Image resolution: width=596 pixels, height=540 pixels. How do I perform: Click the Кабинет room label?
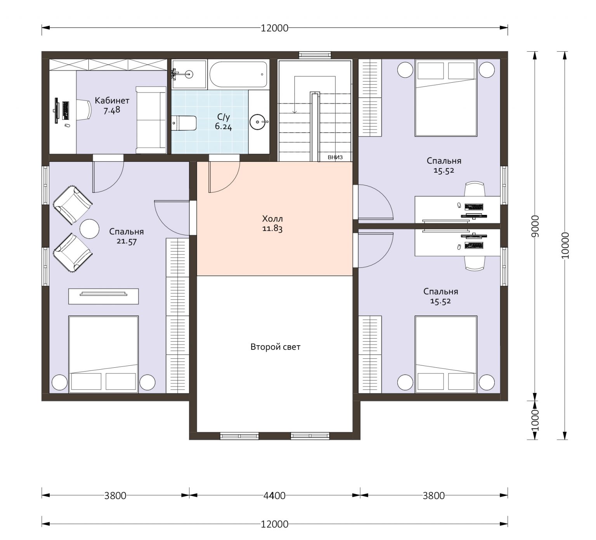point(112,100)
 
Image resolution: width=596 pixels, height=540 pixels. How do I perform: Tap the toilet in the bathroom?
point(184,123)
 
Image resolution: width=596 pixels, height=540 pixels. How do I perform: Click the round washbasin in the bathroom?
point(258,122)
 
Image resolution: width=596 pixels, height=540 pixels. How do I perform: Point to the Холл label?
point(272,218)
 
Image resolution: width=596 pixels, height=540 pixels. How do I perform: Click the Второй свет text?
point(275,347)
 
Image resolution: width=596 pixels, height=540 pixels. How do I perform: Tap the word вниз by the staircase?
point(335,157)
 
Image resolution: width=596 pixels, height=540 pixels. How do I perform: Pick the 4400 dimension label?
point(275,495)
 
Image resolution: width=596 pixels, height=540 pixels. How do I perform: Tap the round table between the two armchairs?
point(90,229)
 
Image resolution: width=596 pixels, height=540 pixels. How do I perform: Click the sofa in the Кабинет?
point(151,120)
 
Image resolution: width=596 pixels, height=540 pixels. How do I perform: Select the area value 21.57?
point(126,241)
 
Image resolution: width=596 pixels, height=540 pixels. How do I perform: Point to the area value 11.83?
point(272,228)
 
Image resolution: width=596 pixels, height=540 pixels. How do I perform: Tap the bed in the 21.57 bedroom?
point(104,354)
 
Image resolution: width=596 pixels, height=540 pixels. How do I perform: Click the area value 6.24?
point(223,126)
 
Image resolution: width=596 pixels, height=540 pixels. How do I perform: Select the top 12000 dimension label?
point(275,28)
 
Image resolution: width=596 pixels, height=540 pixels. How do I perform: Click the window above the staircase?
point(315,55)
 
